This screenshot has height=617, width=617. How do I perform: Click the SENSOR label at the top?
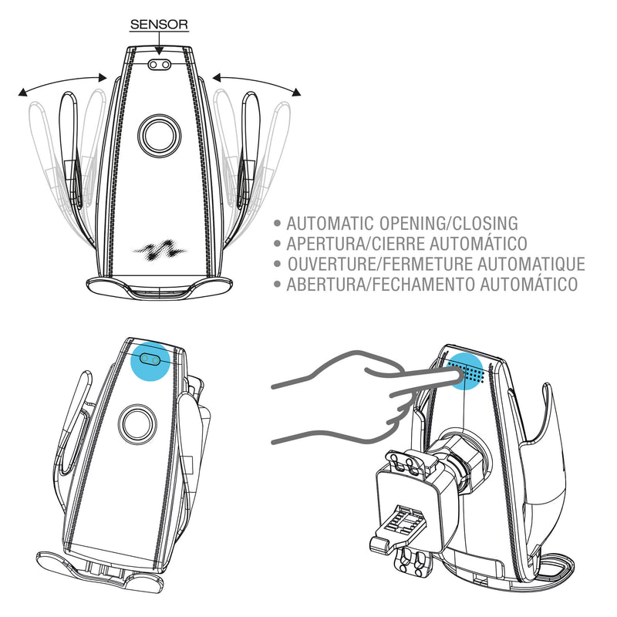pyautogui.click(x=159, y=25)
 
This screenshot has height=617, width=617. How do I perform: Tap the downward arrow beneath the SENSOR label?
pyautogui.click(x=159, y=43)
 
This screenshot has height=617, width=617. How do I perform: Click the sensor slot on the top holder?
pyautogui.click(x=160, y=64)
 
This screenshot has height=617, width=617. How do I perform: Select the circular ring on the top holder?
pyautogui.click(x=160, y=136)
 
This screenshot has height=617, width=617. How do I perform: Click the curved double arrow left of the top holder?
pyautogui.click(x=62, y=82)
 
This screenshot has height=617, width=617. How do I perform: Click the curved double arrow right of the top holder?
pyautogui.click(x=257, y=81)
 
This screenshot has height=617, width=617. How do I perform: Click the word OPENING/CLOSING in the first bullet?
pyautogui.click(x=449, y=223)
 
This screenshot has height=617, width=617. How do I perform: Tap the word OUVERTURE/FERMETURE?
pyautogui.click(x=380, y=264)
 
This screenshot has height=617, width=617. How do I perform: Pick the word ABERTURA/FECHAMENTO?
pyautogui.click(x=381, y=284)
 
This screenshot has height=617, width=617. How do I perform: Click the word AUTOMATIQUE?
pyautogui.click(x=531, y=264)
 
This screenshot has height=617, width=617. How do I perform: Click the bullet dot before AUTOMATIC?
pyautogui.click(x=277, y=224)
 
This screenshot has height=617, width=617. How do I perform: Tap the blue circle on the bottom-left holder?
pyautogui.click(x=150, y=361)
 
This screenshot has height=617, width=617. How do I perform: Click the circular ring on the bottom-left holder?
pyautogui.click(x=137, y=424)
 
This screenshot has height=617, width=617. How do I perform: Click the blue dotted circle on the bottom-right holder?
pyautogui.click(x=465, y=372)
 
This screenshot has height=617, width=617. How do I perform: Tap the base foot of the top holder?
pyautogui.click(x=159, y=287)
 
